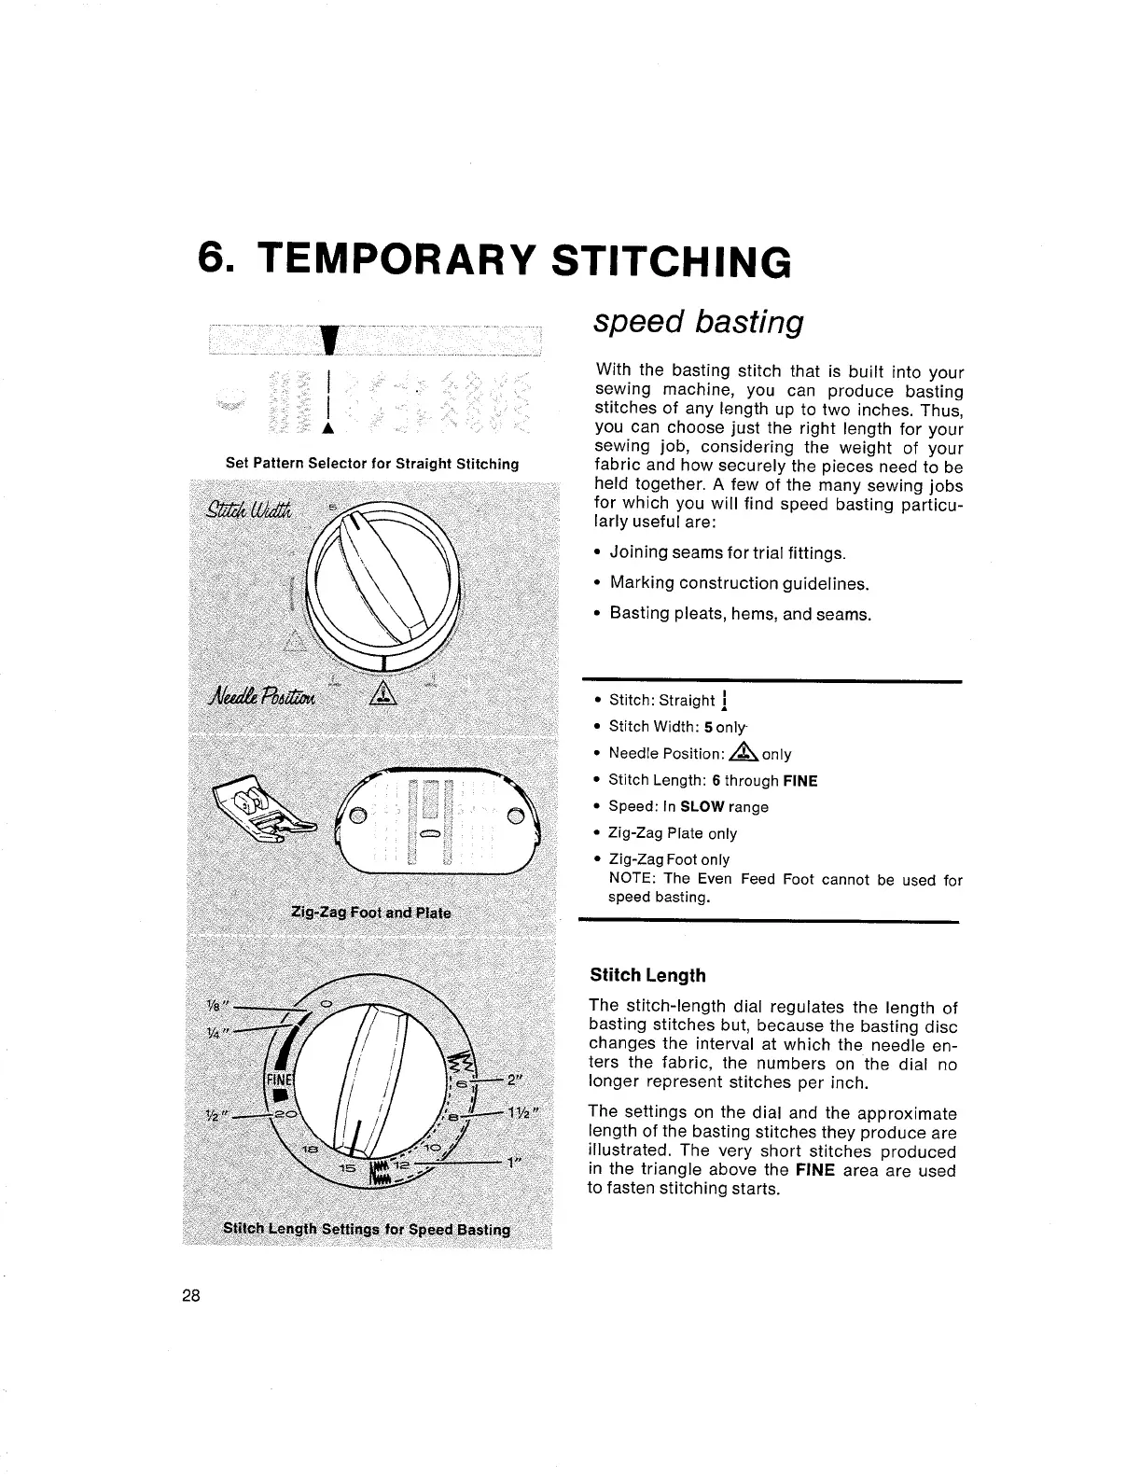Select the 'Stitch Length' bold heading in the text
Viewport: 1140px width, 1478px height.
point(647,975)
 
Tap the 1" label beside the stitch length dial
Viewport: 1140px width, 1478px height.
point(512,1164)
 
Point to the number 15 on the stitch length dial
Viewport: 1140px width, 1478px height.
point(345,1169)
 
